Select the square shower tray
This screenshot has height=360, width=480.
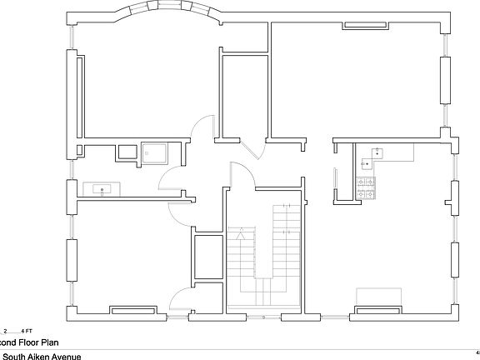coord(156,152)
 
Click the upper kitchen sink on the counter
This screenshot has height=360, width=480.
coord(377,152)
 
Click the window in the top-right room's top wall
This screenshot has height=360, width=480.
coord(366,25)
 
